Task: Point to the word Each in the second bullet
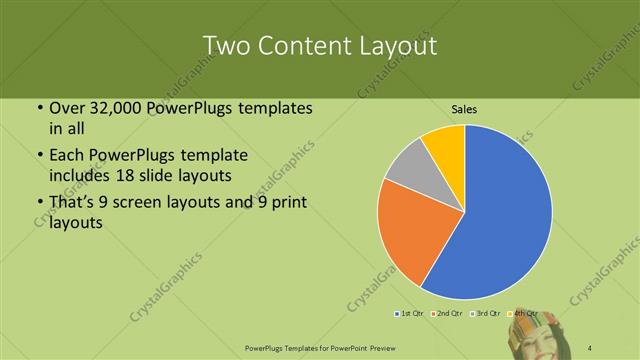[67, 157]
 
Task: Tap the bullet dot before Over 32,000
[38, 109]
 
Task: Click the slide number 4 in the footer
[591, 347]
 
